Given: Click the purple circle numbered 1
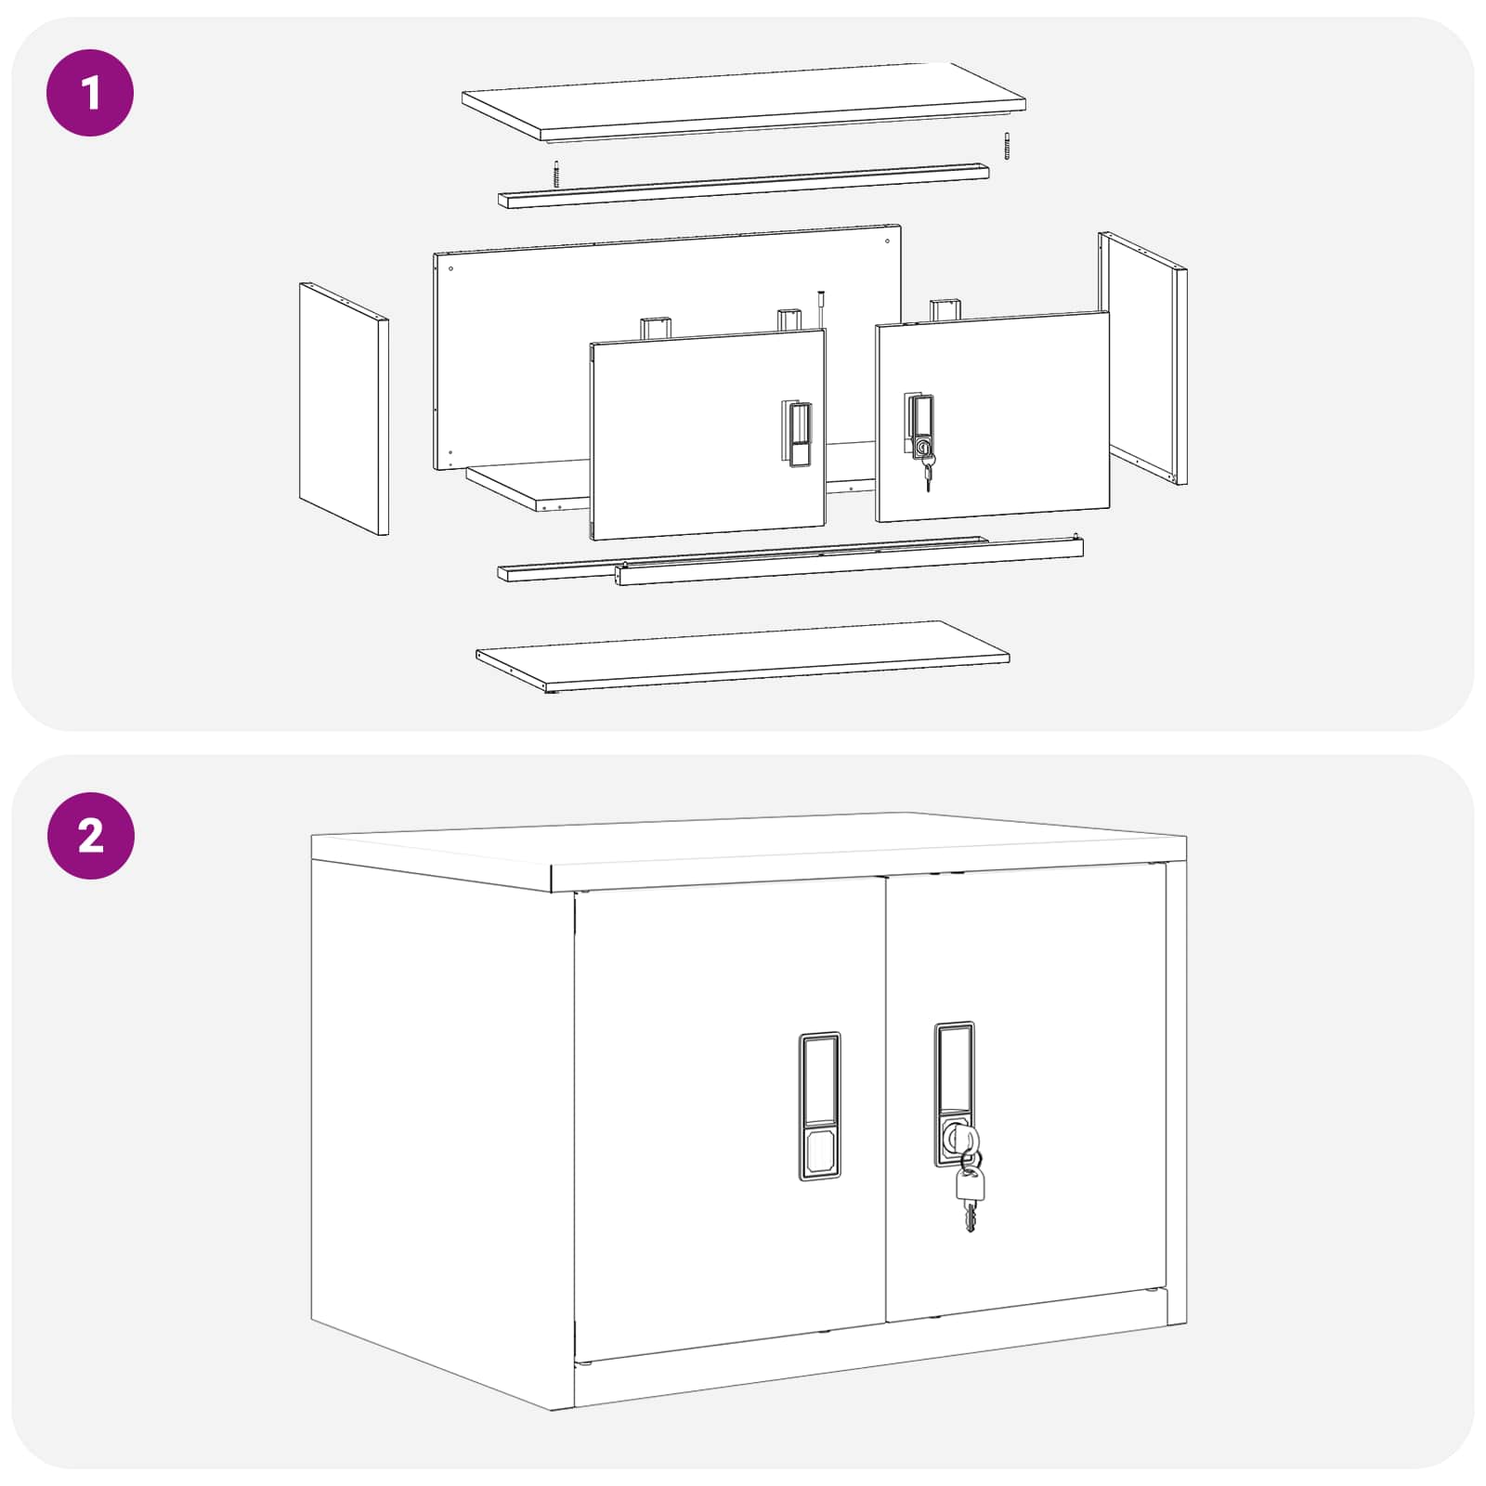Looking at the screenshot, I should click(x=90, y=93).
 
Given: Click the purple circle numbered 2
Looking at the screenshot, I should click(x=90, y=836).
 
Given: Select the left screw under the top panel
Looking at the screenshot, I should click(x=556, y=174).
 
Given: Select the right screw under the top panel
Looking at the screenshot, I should click(x=1006, y=146).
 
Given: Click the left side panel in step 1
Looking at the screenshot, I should click(x=343, y=409).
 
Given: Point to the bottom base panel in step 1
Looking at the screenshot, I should click(x=743, y=656).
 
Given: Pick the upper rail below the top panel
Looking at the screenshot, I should click(x=743, y=186).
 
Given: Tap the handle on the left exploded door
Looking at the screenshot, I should click(x=799, y=433).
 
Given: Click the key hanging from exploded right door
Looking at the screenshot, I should click(x=928, y=474).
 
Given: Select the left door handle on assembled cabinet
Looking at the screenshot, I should click(x=819, y=1106).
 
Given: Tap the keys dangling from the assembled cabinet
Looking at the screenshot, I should click(x=970, y=1193).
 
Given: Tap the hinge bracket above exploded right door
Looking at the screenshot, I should click(x=945, y=310).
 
